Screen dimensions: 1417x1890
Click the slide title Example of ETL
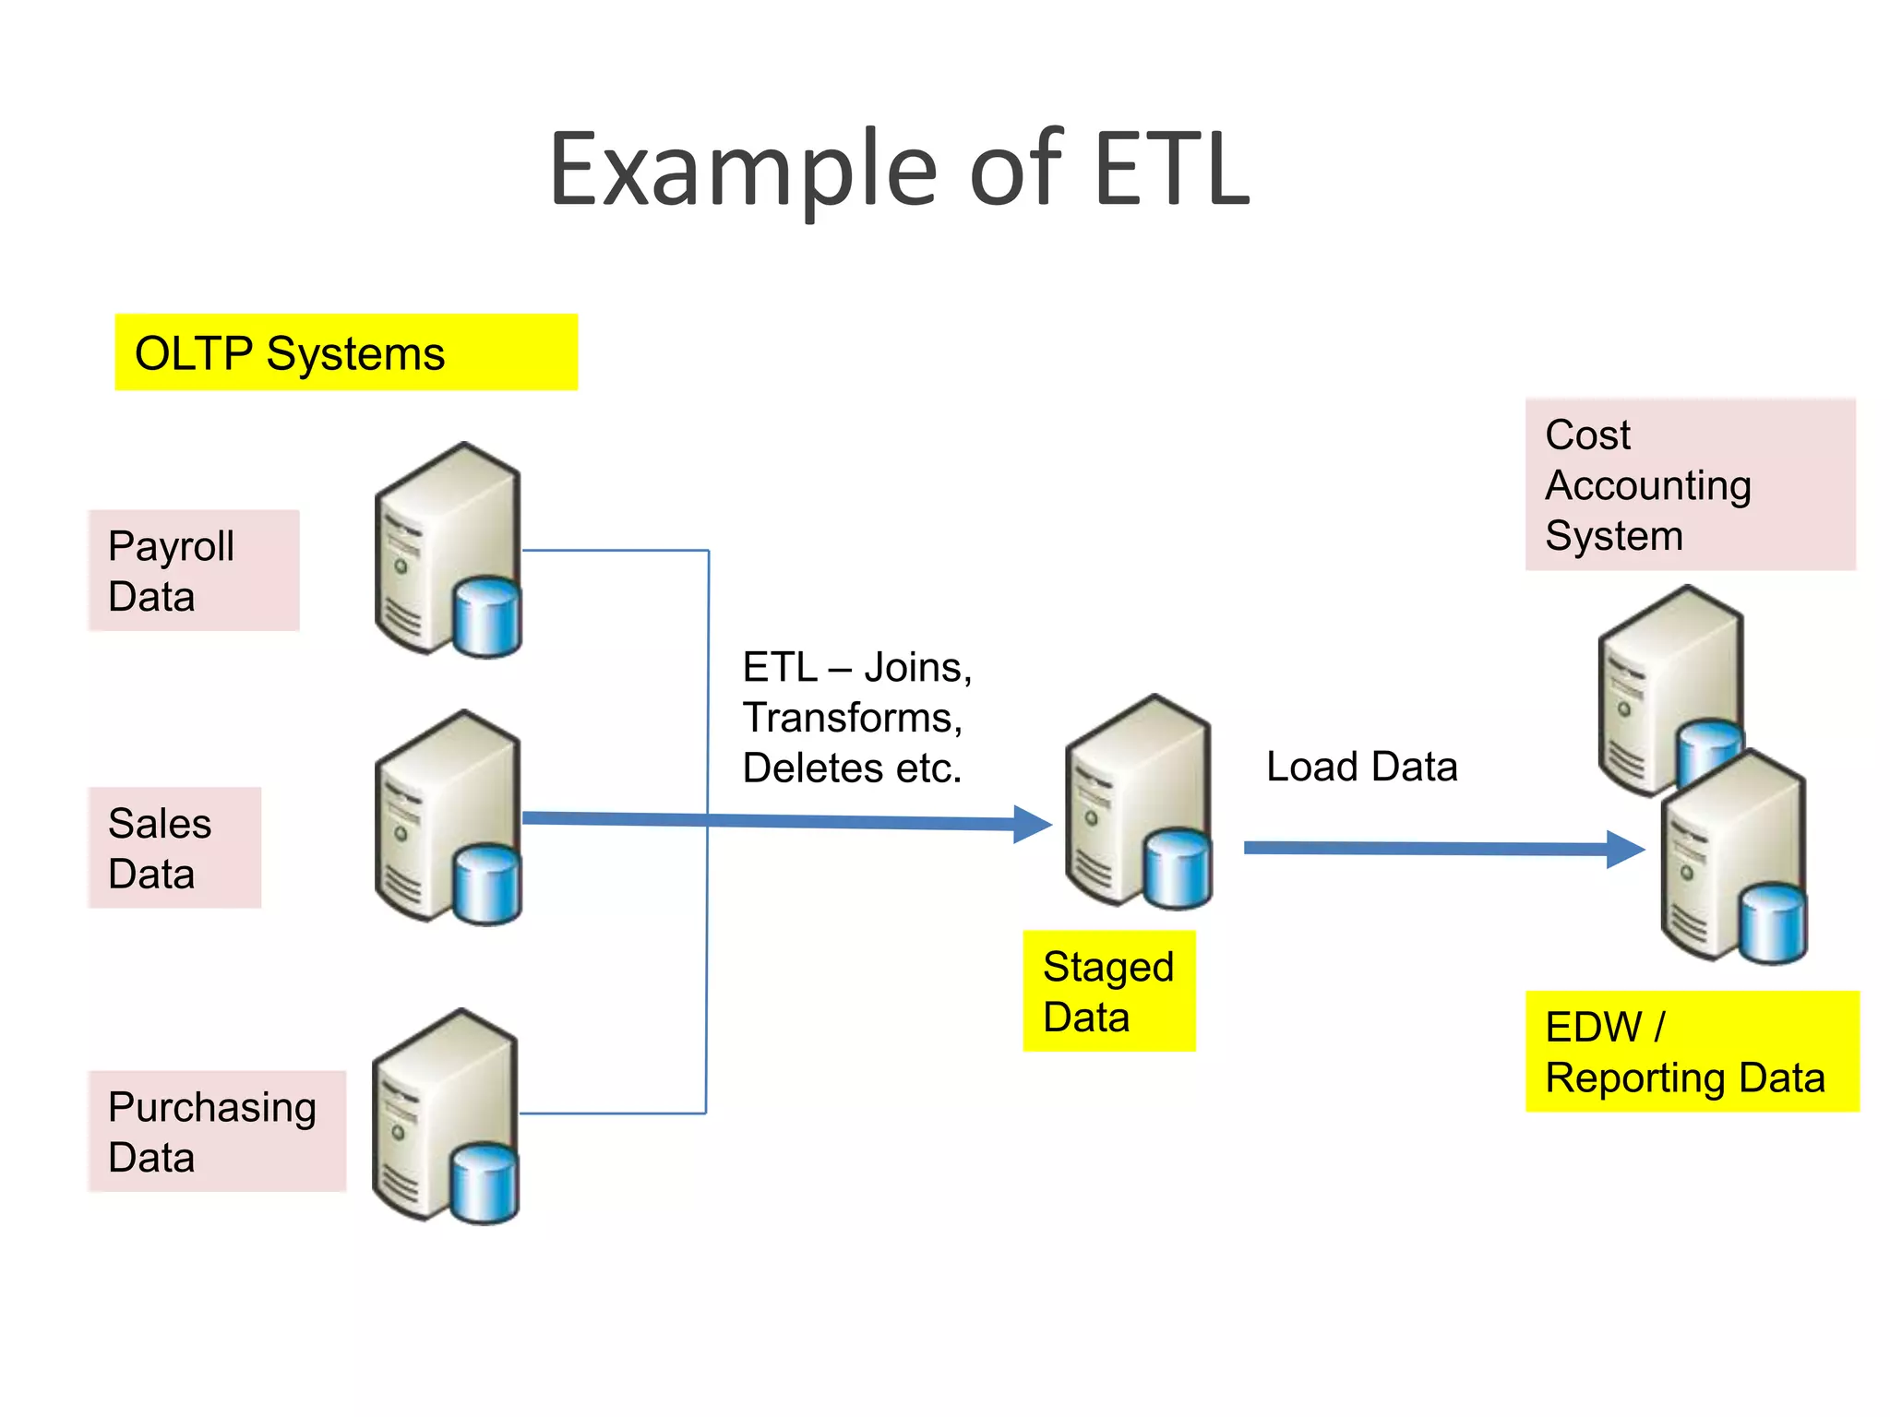coord(899,171)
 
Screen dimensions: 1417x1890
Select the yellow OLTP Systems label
coord(345,352)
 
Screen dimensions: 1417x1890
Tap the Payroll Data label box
coord(194,570)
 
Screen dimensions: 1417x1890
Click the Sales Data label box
coord(175,847)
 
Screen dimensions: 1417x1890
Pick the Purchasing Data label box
coord(218,1131)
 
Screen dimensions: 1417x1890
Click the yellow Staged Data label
coord(1108,991)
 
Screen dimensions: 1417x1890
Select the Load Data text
coord(1361,767)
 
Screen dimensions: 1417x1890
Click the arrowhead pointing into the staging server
coord(1033,824)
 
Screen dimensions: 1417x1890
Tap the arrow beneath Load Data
coord(1440,848)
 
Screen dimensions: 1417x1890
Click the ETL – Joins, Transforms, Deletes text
coord(855,717)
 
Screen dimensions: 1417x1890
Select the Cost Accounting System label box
coord(1689,484)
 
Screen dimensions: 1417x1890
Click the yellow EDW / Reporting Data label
coord(1691,1052)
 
